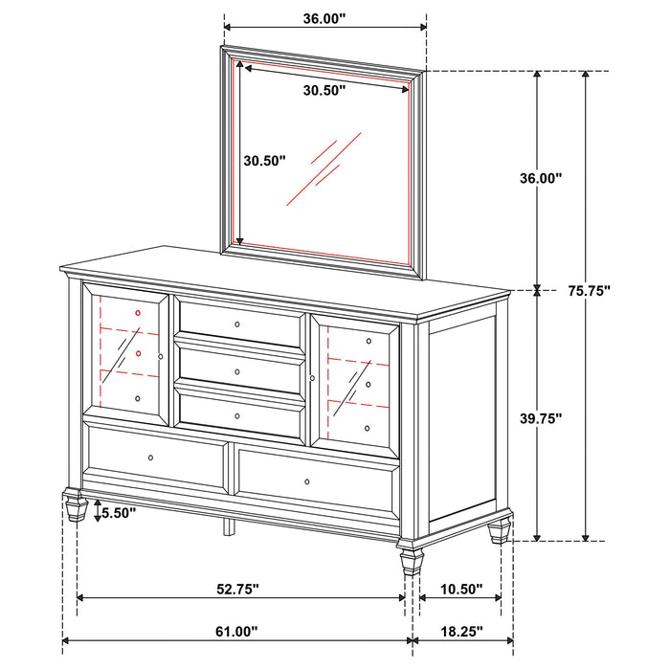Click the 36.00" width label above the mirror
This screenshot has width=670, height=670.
pos(324,17)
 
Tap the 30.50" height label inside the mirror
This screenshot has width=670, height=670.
pos(263,161)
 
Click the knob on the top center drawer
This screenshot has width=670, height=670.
pos(237,325)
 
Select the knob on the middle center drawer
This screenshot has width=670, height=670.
pos(237,371)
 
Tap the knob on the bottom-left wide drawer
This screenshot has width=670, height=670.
pos(151,459)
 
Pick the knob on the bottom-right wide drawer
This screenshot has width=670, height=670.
pos(307,481)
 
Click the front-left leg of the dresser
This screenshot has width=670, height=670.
pos(74,504)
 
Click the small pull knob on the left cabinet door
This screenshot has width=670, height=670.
pos(161,357)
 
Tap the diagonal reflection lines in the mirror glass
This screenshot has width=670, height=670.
pos(323,163)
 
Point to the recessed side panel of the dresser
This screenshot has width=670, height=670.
pos(461,421)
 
